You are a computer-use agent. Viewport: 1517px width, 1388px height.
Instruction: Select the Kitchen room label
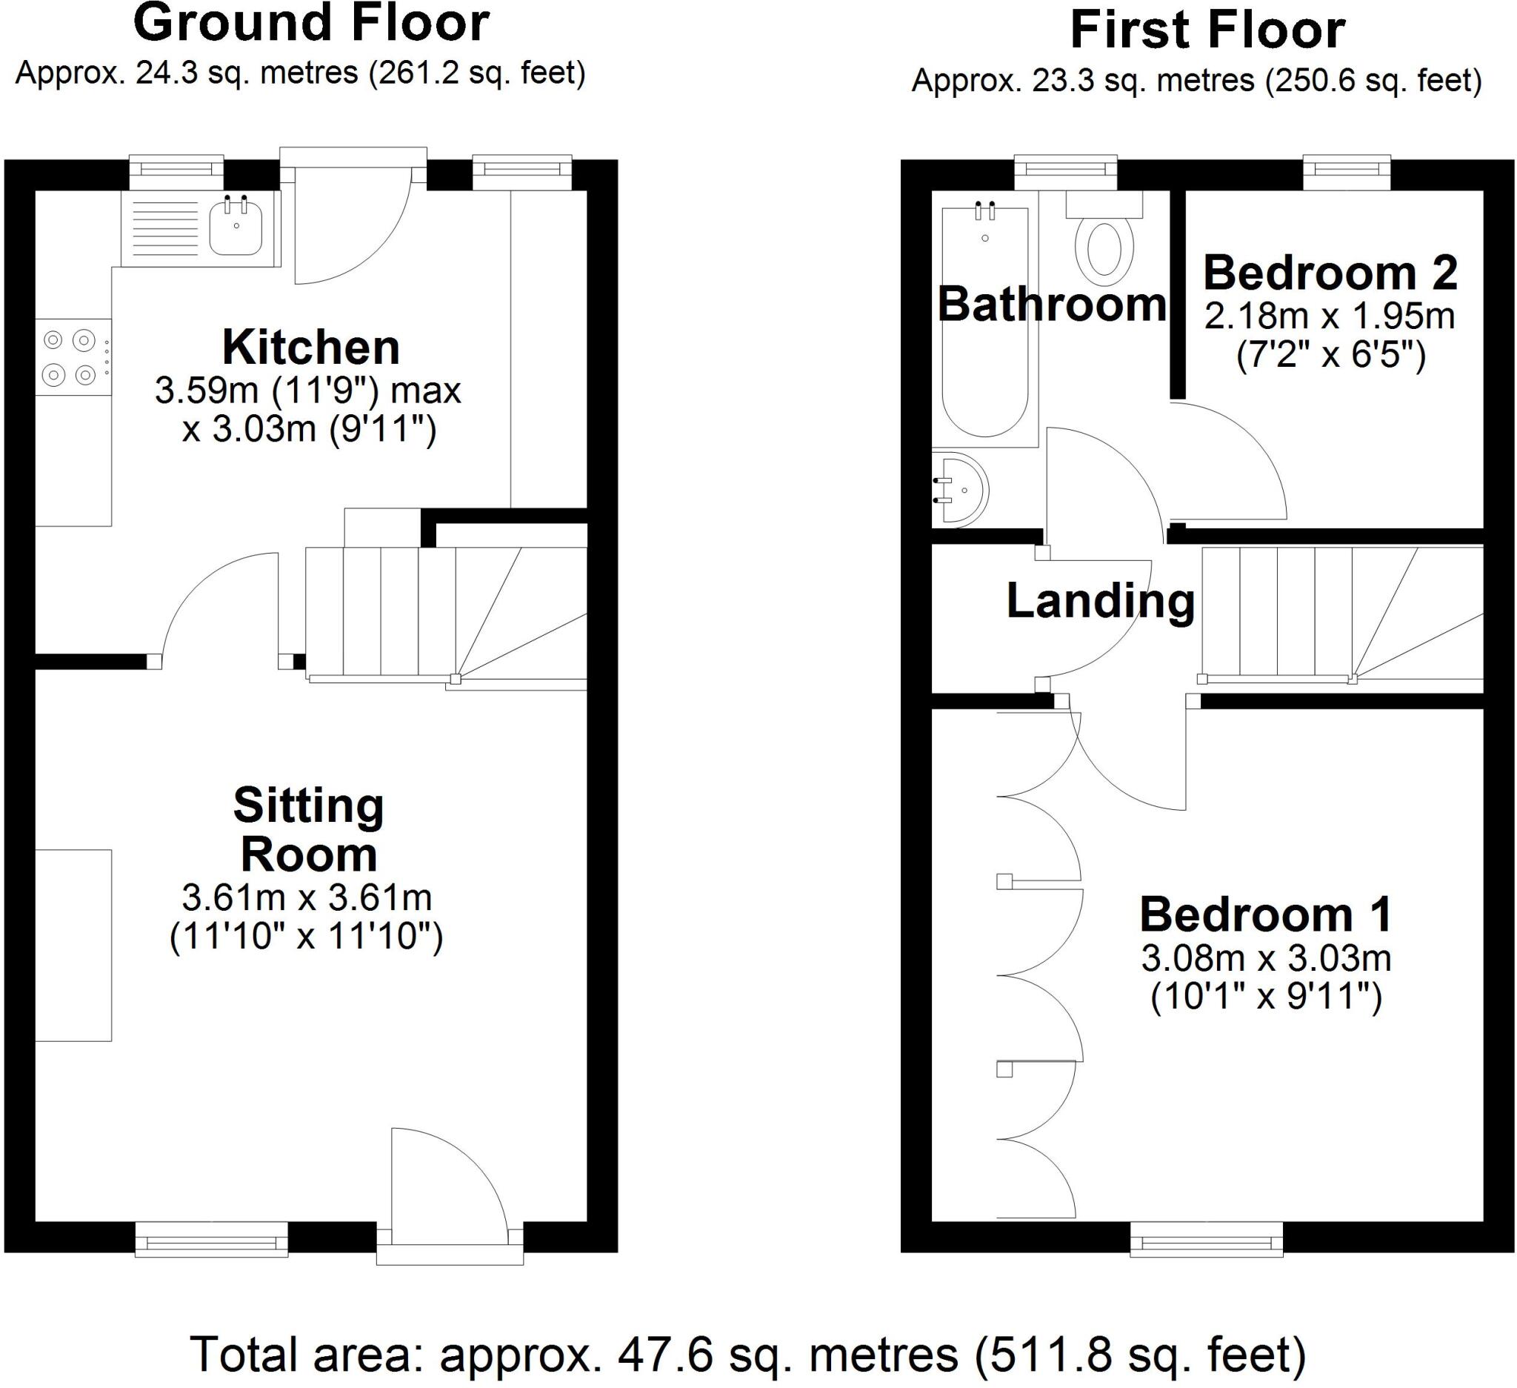click(x=311, y=348)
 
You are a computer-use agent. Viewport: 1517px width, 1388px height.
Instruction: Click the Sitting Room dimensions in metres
click(x=307, y=897)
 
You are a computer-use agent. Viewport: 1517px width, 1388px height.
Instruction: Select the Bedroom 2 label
click(x=1330, y=273)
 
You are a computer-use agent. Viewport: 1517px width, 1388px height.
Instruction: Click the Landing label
click(x=1100, y=602)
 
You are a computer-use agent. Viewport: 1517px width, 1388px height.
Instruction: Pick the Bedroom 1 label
click(x=1266, y=914)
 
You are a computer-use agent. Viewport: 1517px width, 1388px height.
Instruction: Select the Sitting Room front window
click(x=211, y=1241)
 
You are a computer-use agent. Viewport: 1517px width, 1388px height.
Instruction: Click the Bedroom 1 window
click(x=1206, y=1241)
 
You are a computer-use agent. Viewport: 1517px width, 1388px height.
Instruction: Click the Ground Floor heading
click(x=311, y=24)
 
